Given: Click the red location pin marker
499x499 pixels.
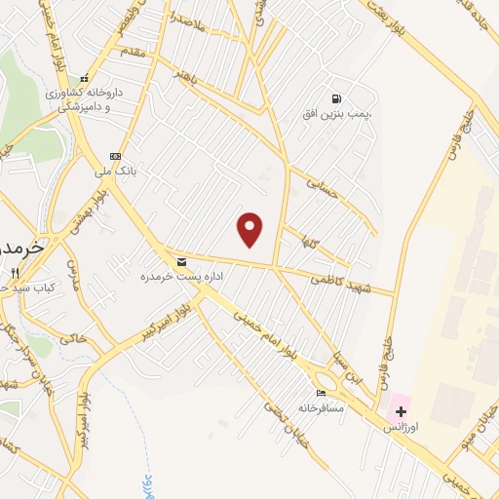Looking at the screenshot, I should pyautogui.click(x=250, y=229).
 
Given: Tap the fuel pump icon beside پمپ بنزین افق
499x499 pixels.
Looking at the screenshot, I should pyautogui.click(x=336, y=98).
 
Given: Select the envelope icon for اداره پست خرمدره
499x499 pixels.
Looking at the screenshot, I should pyautogui.click(x=181, y=262).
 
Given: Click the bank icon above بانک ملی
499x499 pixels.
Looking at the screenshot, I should pyautogui.click(x=116, y=156).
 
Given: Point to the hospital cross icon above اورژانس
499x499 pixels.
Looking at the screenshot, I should pyautogui.click(x=401, y=412).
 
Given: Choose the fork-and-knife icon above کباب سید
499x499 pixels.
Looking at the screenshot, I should pyautogui.click(x=14, y=274).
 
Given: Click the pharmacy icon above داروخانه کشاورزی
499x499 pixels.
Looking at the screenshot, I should pyautogui.click(x=85, y=79).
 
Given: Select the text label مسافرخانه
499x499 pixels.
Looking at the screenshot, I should pyautogui.click(x=322, y=406).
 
